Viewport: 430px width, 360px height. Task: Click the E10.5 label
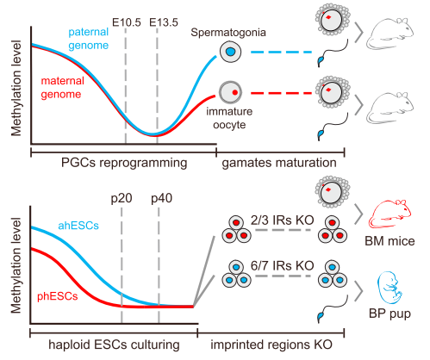point(127,22)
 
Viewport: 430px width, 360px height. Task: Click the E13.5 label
point(164,22)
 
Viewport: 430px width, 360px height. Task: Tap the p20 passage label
point(122,199)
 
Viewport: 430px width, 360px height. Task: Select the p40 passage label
point(162,199)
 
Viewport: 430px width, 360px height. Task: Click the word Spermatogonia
point(228,33)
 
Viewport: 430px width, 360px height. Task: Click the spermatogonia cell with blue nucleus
point(231,52)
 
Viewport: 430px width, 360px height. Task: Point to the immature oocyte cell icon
point(231,92)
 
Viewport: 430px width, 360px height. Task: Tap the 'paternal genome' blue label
point(89,39)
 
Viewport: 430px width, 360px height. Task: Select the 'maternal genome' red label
point(62,88)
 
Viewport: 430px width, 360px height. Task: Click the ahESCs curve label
point(78,226)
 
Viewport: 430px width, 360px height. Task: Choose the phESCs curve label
point(58,296)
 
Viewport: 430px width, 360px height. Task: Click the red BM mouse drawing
point(389,214)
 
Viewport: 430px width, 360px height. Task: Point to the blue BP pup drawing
point(389,288)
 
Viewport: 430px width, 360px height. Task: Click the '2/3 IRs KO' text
point(282,220)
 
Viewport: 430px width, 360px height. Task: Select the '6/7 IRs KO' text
point(282,266)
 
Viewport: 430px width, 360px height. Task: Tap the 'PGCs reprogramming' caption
point(124,163)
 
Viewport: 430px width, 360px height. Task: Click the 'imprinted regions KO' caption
point(271,344)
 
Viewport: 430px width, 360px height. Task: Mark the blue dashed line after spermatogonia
point(281,53)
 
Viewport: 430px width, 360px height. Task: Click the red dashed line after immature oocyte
point(281,93)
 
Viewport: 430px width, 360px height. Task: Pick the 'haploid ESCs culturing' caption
point(114,344)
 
